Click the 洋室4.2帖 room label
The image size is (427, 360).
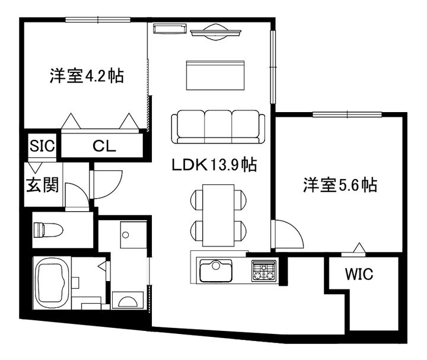pyautogui.click(x=86, y=77)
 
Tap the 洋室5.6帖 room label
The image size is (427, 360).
pyautogui.click(x=339, y=185)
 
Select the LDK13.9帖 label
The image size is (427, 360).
pyautogui.click(x=214, y=165)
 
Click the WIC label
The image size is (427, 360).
pyautogui.click(x=359, y=275)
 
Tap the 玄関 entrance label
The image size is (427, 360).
pyautogui.click(x=42, y=186)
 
